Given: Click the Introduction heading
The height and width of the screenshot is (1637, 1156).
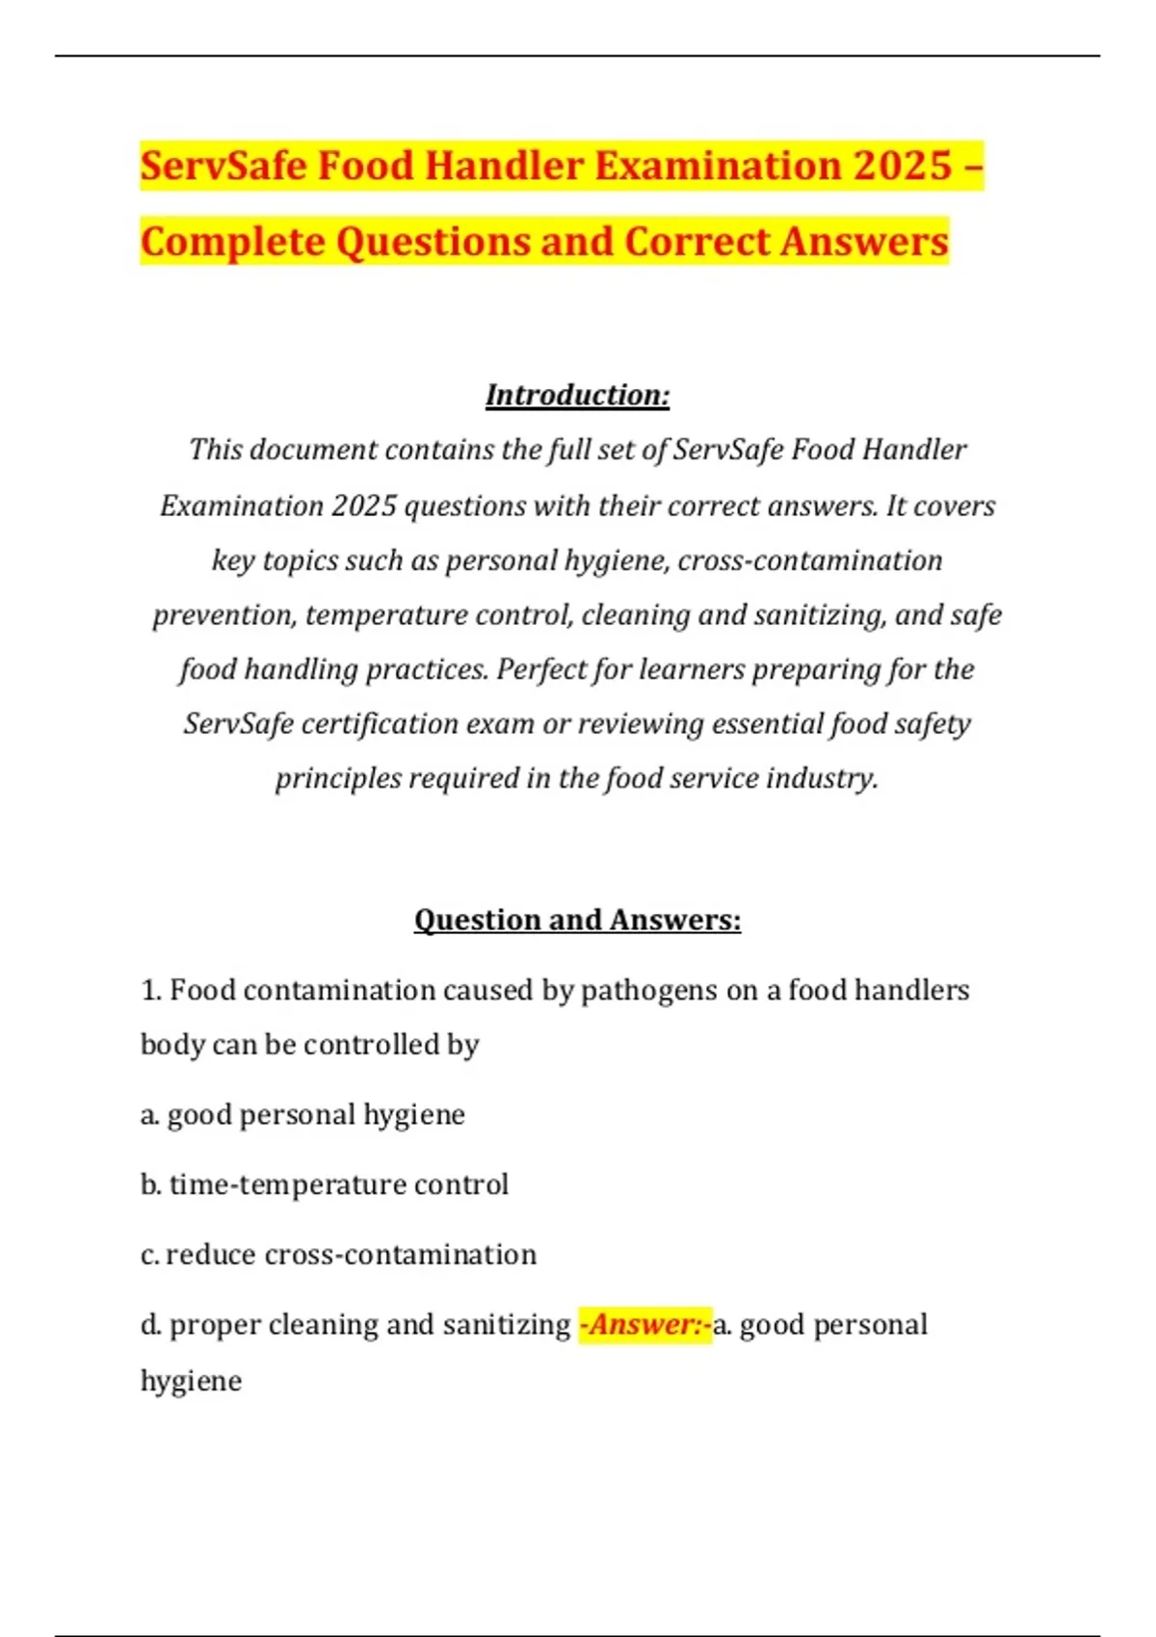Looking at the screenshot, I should pyautogui.click(x=577, y=395).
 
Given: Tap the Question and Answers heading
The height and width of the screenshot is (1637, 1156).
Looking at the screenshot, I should pyautogui.click(x=577, y=921).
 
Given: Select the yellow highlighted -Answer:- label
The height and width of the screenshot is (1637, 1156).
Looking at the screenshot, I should pyautogui.click(x=645, y=1325).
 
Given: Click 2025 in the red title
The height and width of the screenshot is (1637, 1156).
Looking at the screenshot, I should pyautogui.click(x=902, y=166).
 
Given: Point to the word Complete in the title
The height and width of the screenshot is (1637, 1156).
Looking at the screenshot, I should pyautogui.click(x=232, y=242).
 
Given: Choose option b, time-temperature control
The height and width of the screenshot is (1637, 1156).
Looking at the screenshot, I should pyautogui.click(x=325, y=1184).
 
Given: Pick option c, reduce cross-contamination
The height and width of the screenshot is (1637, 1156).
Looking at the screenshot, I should pyautogui.click(x=338, y=1255).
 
